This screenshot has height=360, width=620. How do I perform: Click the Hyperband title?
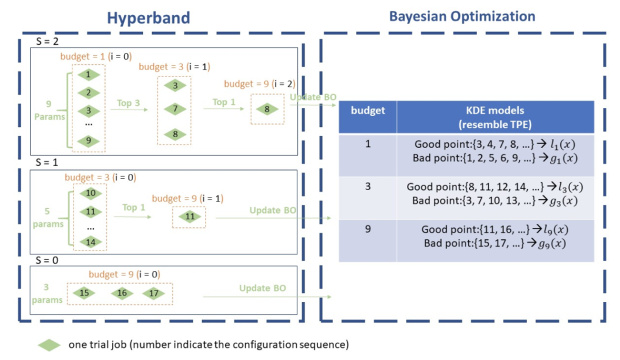148,18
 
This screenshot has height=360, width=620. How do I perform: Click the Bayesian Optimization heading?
462,16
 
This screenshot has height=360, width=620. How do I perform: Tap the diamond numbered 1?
88,75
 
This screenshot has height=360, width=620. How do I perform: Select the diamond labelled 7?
175,109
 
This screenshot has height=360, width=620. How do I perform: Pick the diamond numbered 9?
88,141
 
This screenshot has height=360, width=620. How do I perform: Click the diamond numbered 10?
90,193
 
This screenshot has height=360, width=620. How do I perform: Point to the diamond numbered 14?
90,242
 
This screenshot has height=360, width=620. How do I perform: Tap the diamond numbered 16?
122,293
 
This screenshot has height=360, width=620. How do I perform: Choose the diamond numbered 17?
153,293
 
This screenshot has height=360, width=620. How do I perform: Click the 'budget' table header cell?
367,110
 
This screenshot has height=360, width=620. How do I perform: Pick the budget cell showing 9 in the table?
367,229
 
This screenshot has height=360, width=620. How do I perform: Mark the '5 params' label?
48,218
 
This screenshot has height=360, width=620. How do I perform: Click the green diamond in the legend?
49,344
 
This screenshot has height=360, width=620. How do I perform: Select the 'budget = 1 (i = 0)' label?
96,57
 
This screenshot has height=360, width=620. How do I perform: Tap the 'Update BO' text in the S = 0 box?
262,288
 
